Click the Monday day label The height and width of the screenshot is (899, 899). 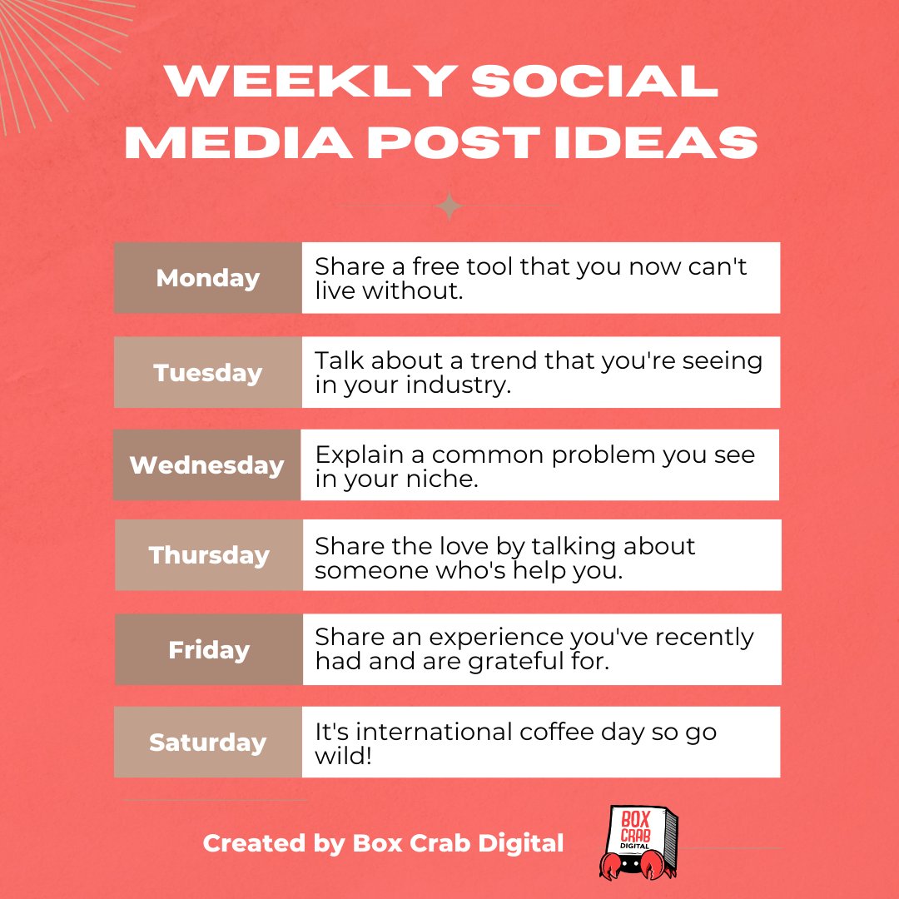(208, 278)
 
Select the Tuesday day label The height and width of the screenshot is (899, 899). (208, 372)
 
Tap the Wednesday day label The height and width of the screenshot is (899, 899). (207, 464)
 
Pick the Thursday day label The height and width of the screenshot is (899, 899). (209, 555)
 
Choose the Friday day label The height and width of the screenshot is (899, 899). (209, 649)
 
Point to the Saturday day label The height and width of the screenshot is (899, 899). (208, 743)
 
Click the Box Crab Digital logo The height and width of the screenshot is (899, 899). (637, 842)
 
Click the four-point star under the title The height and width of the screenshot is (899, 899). (449, 206)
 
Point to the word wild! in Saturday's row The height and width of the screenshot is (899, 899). (344, 755)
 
